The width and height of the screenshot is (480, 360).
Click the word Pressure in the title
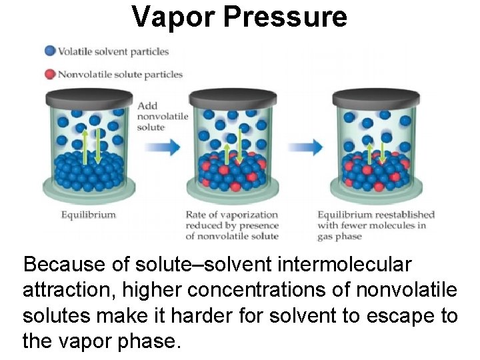[x=285, y=16]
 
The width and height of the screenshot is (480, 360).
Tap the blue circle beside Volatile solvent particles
[x=50, y=51]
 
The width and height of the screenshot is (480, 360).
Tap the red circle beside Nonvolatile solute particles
[x=50, y=73]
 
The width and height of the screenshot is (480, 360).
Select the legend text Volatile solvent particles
[x=113, y=51]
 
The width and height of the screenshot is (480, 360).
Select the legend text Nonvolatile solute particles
[x=120, y=74]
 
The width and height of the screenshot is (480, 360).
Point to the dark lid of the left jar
[x=90, y=97]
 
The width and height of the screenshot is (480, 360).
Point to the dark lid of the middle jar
[x=232, y=97]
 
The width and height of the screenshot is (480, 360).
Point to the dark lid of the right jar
[x=375, y=97]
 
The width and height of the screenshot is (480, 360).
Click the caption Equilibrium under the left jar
[x=89, y=215]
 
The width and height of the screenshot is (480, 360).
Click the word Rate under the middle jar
[x=197, y=215]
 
